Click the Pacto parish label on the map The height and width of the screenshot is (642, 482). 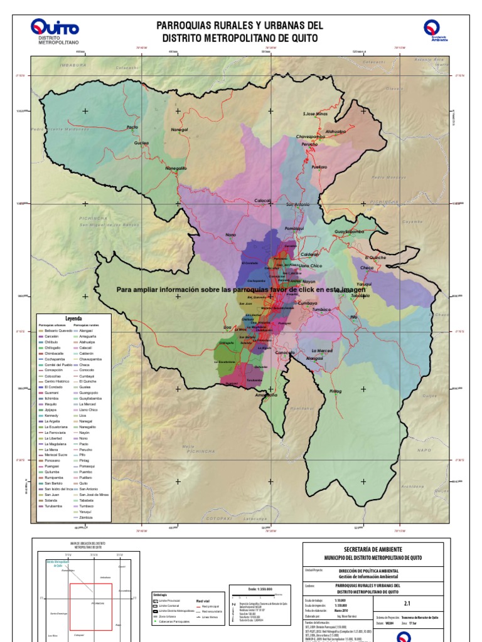point(132,127)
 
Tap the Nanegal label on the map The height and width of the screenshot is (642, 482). point(179,130)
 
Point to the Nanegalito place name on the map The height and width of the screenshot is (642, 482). point(176,168)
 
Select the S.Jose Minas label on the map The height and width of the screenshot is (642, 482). point(316,114)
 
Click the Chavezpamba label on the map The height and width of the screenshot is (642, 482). point(309,136)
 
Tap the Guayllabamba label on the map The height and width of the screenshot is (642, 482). point(350,231)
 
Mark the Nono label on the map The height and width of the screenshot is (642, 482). point(230,235)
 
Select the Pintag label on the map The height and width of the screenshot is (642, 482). point(336,391)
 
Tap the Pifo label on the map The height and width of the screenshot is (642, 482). point(354,317)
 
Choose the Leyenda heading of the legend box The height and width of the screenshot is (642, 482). point(73,318)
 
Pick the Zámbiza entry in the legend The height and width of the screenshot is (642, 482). point(87,518)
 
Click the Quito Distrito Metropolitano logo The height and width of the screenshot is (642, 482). point(55,31)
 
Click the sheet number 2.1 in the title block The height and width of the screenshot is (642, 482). point(407,604)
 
